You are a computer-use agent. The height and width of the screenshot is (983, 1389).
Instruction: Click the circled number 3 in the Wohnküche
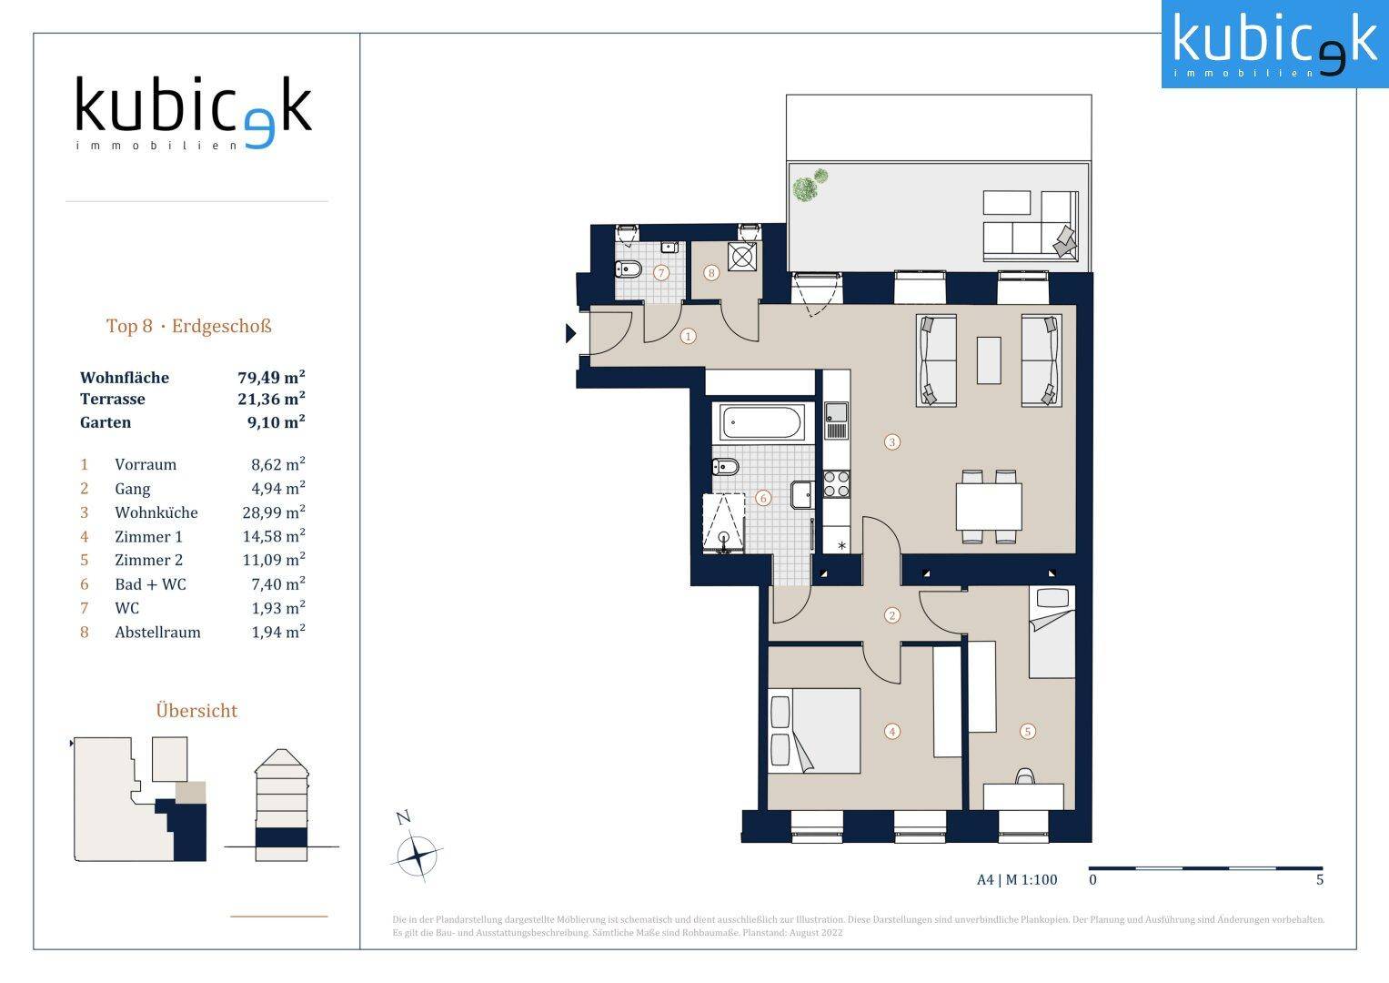pos(891,441)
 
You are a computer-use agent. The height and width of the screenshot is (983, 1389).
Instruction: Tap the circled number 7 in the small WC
pos(661,272)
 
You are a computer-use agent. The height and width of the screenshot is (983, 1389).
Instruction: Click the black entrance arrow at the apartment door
pos(570,333)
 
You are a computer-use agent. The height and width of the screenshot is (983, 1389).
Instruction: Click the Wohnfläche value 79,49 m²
pos(271,377)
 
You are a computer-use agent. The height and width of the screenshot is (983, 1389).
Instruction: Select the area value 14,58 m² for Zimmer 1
pos(274,535)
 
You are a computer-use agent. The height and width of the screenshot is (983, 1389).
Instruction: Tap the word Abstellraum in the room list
pos(157,632)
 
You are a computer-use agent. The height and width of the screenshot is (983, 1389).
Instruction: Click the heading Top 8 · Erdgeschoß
pos(189,326)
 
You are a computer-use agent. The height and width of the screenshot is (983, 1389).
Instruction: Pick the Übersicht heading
pos(196,710)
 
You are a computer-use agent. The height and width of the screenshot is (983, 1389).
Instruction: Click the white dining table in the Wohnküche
pos(989,506)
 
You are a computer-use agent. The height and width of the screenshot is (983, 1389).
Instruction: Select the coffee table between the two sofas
pos(989,360)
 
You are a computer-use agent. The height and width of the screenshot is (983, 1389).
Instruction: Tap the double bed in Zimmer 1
pos(813,730)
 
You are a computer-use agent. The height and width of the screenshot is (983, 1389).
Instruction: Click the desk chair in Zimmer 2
pos(1025,775)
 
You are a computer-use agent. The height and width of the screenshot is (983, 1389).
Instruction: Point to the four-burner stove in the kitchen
pos(836,484)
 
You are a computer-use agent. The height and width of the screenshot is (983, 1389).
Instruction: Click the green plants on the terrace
pos(810,185)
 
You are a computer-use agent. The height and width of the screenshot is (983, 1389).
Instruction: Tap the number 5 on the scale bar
pos(1320,879)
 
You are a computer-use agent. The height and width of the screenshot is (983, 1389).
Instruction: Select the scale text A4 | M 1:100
pos(1017,879)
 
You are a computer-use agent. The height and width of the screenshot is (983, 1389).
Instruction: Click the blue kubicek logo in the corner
pos(1275,44)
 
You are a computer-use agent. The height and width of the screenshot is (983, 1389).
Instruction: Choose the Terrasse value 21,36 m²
pos(271,399)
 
